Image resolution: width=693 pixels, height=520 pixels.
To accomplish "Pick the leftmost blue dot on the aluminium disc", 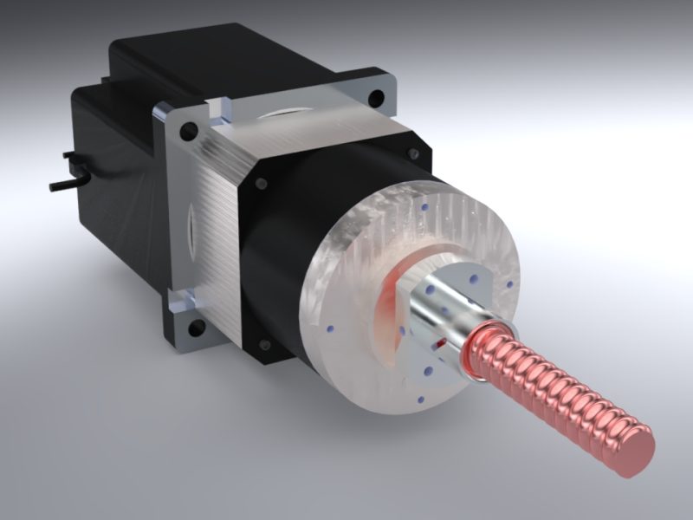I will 331,328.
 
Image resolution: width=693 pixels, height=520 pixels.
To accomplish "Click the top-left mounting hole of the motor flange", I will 184,133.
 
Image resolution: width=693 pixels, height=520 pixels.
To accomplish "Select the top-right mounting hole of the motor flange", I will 375,97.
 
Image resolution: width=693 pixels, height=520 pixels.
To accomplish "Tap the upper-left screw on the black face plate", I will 258,184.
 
